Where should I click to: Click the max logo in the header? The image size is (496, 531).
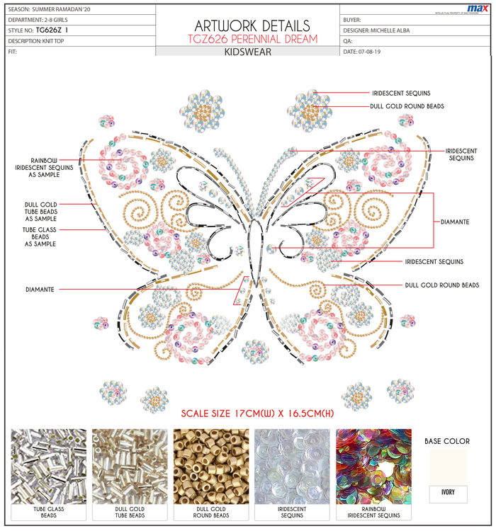tap(476, 8)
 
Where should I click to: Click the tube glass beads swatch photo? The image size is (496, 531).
tap(49, 465)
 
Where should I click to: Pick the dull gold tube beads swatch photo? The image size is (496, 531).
tap(130, 465)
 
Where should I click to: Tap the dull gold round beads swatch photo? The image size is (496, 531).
tap(211, 465)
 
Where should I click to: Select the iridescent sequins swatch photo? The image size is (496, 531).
tap(292, 465)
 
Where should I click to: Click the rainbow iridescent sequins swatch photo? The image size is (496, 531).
tap(373, 465)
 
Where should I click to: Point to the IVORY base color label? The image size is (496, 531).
tap(449, 491)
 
